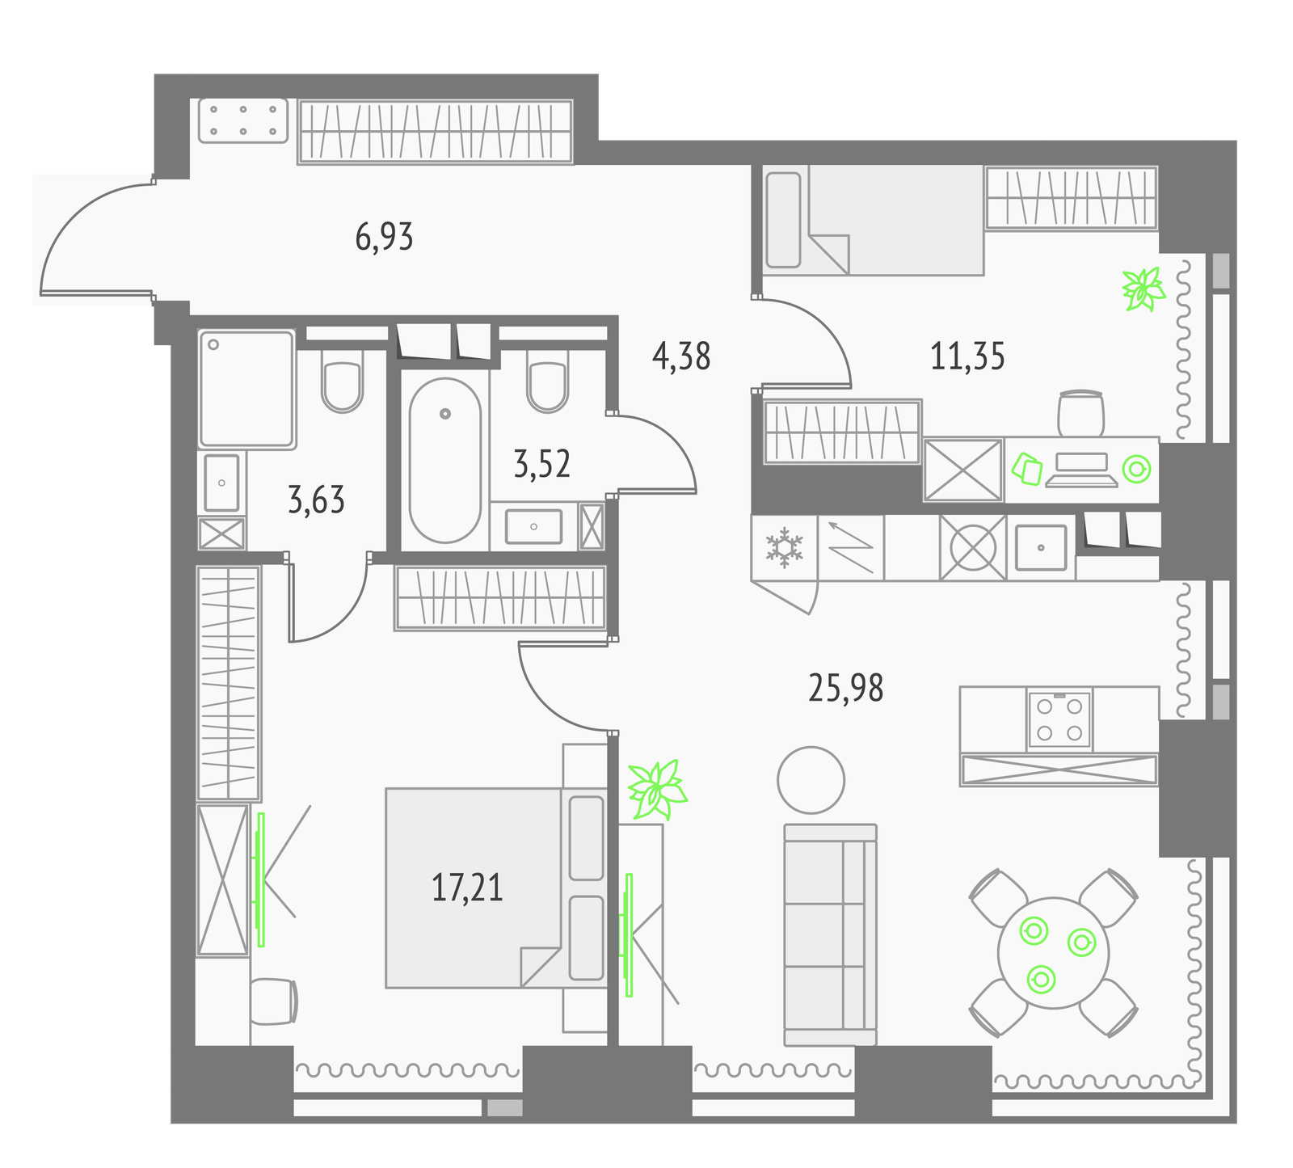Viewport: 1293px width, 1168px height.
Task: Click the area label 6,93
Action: click(x=384, y=237)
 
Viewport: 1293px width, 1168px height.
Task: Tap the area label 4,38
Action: click(x=681, y=356)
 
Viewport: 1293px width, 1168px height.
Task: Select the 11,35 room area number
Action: click(x=967, y=356)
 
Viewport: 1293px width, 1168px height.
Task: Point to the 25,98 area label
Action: click(x=846, y=688)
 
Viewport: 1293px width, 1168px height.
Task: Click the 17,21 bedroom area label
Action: click(x=467, y=888)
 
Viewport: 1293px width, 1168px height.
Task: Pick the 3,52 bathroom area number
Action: click(x=542, y=464)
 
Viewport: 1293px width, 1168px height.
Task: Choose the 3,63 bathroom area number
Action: click(x=316, y=500)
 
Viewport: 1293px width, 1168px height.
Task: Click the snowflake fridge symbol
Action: click(x=784, y=547)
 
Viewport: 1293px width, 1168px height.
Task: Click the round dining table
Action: click(x=1054, y=952)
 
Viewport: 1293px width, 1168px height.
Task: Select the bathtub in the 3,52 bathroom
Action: click(x=444, y=460)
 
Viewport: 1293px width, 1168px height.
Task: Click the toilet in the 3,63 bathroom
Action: click(x=342, y=382)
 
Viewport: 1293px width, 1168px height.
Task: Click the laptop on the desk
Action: click(x=1081, y=470)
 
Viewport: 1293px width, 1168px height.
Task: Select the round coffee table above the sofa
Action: click(x=811, y=780)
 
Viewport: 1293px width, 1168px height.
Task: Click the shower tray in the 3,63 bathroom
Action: click(x=246, y=389)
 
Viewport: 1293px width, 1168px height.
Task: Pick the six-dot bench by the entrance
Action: click(x=243, y=120)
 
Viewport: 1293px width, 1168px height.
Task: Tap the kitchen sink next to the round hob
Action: click(x=1041, y=547)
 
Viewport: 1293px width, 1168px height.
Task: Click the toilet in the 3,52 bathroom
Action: click(x=547, y=381)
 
